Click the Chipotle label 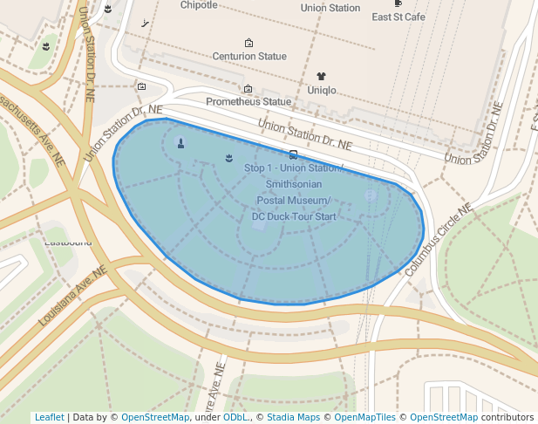[x=199, y=5]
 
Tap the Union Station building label [x=330, y=8]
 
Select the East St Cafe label [x=398, y=17]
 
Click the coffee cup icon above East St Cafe [x=398, y=3]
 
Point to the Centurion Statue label [x=249, y=57]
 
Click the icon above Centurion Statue [x=249, y=43]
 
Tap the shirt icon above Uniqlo [x=321, y=76]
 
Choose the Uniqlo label [x=321, y=90]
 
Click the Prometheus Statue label [x=248, y=102]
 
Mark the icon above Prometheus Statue [x=248, y=88]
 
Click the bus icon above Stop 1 [x=293, y=154]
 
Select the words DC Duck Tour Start [x=293, y=215]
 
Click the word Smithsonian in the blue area [x=293, y=184]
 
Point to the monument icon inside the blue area [x=180, y=143]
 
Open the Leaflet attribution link [x=49, y=417]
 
